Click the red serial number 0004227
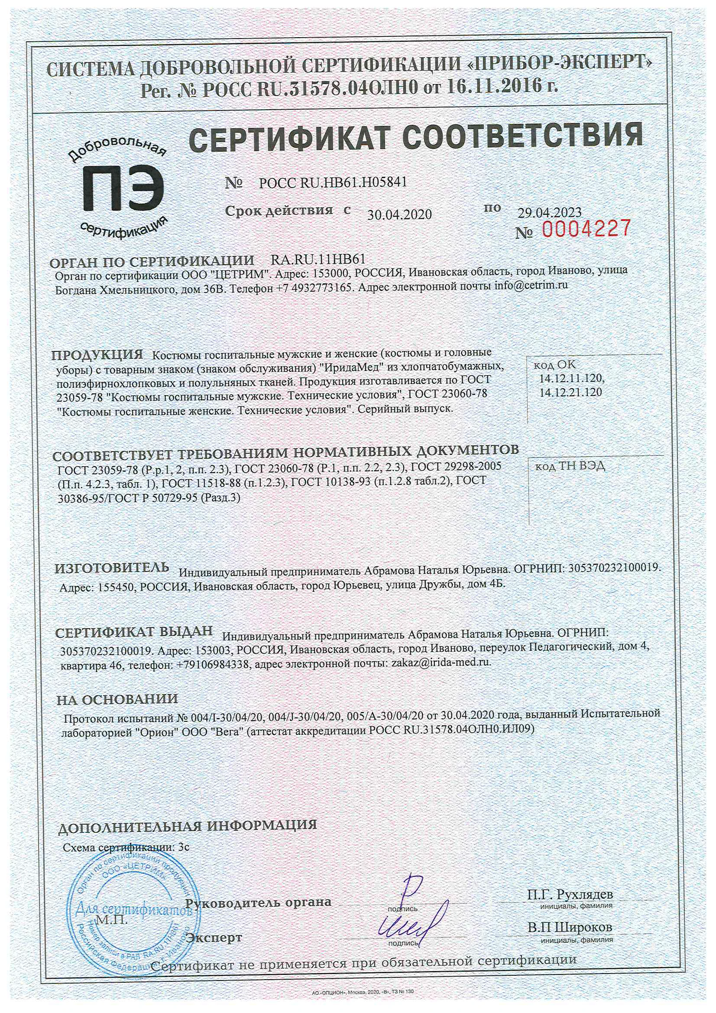[x=586, y=228]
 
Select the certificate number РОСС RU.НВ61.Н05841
[x=333, y=182]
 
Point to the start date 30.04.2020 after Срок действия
[x=399, y=214]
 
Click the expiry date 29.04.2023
[x=549, y=213]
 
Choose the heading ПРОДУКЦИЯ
[x=97, y=355]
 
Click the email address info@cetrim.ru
[x=530, y=286]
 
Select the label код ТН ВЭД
[x=570, y=467]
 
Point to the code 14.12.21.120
[x=570, y=392]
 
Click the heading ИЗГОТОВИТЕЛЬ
[x=112, y=568]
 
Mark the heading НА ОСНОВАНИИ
[x=117, y=699]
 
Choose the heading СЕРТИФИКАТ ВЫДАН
[x=134, y=632]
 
